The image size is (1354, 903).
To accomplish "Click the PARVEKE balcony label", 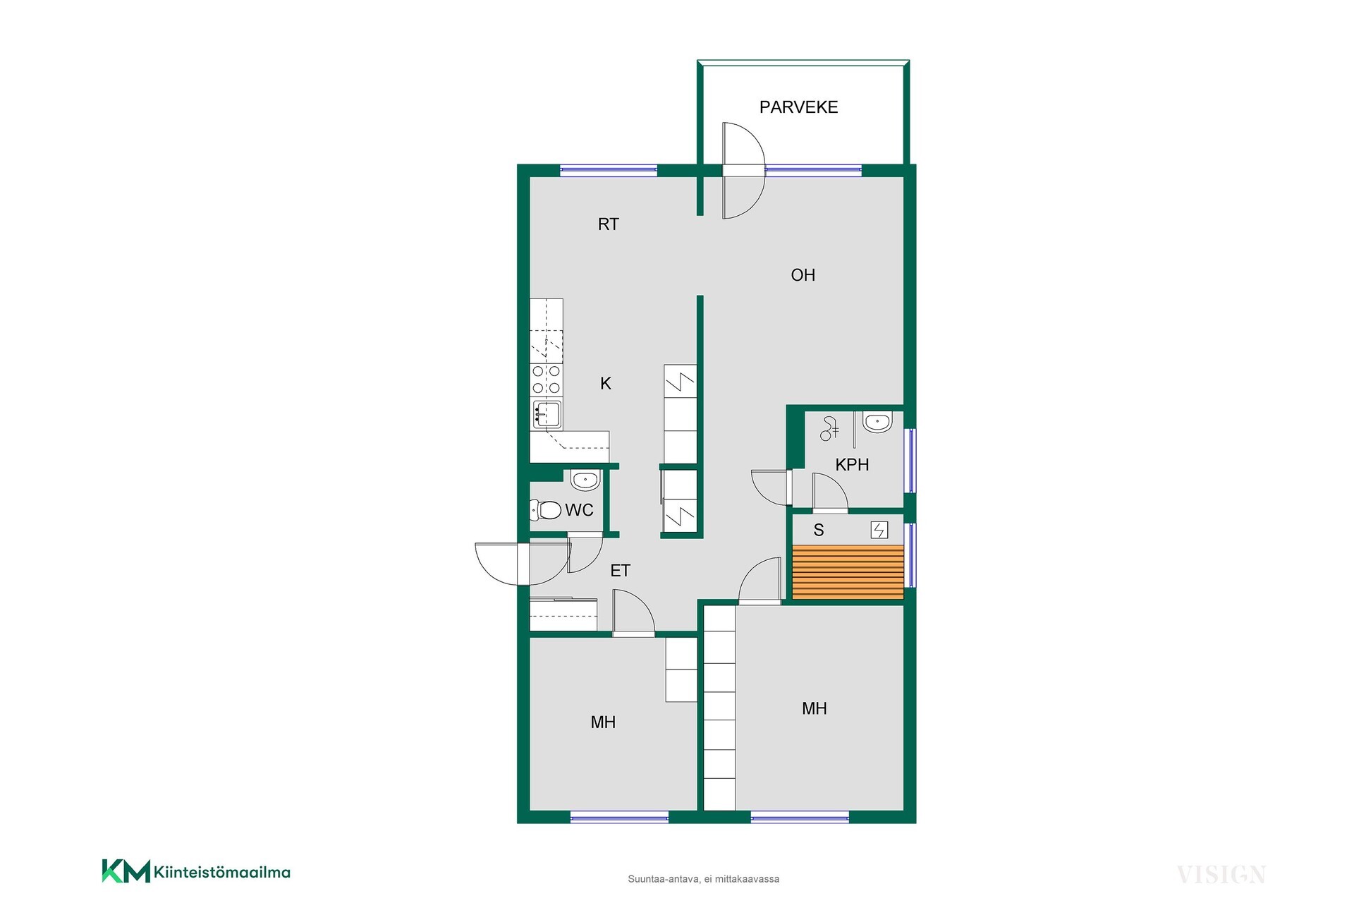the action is pos(798,107).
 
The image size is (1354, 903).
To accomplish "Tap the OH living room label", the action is pos(803,275).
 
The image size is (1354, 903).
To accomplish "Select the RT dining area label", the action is pos(608,224).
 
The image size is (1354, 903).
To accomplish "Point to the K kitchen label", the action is pos(606,383).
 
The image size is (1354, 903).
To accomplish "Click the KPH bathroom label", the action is pos(852,465).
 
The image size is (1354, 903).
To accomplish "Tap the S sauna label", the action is pos(819,530).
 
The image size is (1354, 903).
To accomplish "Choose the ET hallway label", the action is pos(620,571).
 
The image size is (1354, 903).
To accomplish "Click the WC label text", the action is pos(579,510).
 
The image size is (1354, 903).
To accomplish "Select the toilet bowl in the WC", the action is pos(545,509).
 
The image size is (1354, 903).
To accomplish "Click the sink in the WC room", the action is pos(585,480).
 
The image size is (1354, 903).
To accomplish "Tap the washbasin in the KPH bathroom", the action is pos(877,422).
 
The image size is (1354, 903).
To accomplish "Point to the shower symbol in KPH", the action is pos(829,428).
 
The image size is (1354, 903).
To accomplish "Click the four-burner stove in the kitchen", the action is pos(547,379).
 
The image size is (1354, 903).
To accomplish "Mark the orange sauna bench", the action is pos(848,572).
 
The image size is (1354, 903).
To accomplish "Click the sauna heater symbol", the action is pos(879,530).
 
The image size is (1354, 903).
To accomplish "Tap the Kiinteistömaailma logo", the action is pos(196,871).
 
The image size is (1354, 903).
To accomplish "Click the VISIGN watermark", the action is pos(1221,875).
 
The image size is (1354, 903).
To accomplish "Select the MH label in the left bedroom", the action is pos(603,722).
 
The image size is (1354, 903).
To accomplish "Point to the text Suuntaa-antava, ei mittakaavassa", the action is pos(703,879).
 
